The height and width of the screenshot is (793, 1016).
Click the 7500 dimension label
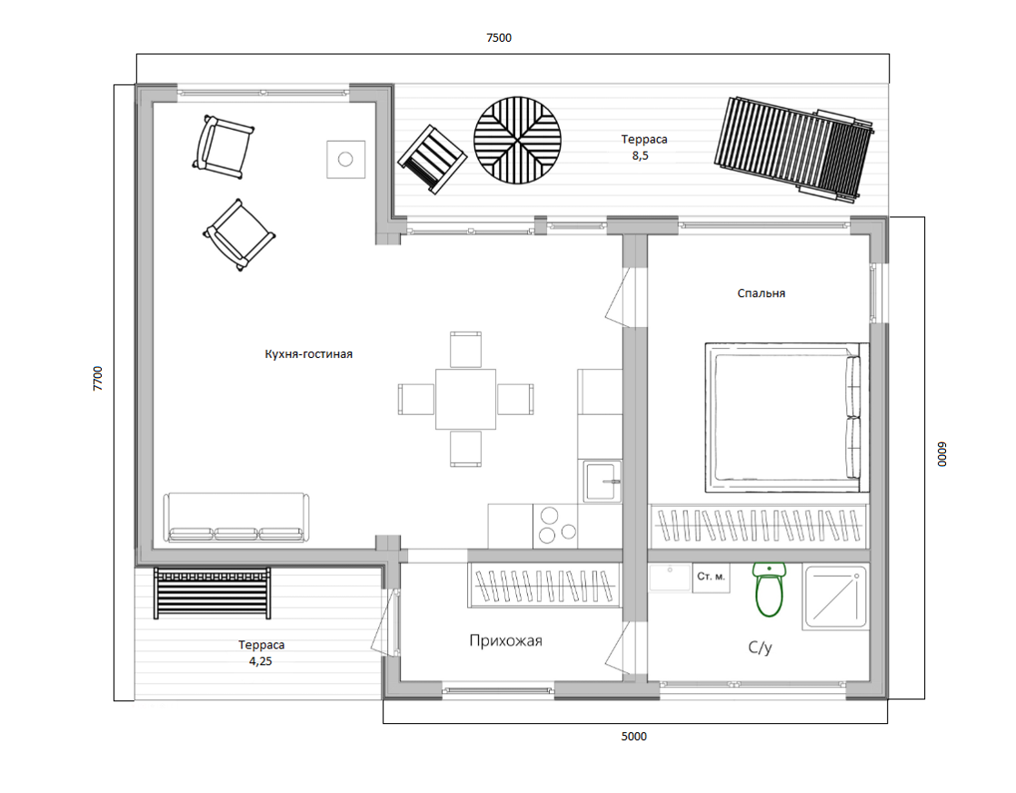click(499, 37)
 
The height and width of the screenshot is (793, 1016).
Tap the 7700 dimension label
click(98, 379)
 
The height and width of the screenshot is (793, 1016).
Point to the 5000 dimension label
click(633, 736)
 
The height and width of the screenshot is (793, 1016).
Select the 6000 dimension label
click(941, 454)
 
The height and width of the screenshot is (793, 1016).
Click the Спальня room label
click(762, 293)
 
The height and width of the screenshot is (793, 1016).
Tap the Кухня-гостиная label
click(308, 353)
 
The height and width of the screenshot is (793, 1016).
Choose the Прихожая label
click(505, 640)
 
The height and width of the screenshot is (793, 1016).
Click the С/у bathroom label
click(760, 647)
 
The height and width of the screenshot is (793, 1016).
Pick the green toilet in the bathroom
click(769, 589)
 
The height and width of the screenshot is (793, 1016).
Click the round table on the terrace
click(517, 141)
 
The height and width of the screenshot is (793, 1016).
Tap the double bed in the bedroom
click(787, 417)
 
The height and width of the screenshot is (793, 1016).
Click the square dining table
click(465, 399)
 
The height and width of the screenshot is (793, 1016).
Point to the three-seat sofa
click(236, 517)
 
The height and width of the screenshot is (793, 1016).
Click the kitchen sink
click(602, 481)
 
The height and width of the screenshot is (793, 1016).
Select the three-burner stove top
click(556, 525)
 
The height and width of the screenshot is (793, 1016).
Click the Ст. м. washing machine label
click(711, 577)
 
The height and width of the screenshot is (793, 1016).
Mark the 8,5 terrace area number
click(640, 155)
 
